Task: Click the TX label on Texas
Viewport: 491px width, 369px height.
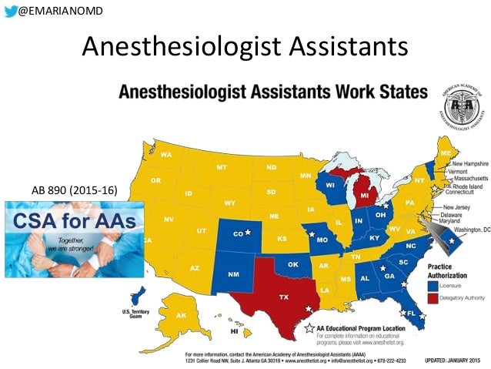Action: (283, 297)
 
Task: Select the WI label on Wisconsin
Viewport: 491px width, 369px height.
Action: (329, 186)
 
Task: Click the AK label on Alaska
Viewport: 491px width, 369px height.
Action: (182, 316)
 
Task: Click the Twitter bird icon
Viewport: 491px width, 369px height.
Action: (10, 9)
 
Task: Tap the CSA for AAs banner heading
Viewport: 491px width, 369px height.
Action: (75, 223)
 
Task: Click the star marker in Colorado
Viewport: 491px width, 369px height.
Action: (248, 232)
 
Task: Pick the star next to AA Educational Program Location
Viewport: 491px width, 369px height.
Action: (310, 329)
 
